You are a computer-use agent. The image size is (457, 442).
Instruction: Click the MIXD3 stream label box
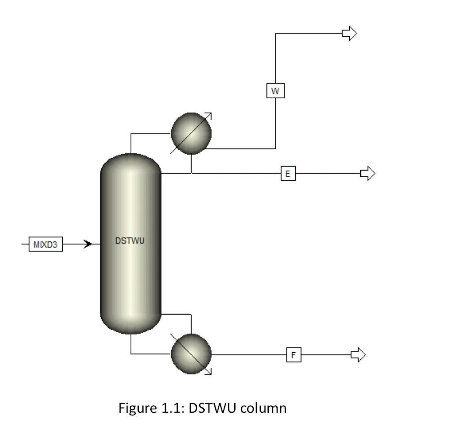click(x=46, y=244)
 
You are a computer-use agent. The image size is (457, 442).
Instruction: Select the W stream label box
click(x=275, y=91)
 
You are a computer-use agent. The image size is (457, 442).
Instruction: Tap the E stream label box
click(x=288, y=174)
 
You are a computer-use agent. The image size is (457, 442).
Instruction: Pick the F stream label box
click(x=293, y=354)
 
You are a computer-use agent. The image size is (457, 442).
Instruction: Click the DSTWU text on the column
click(x=130, y=241)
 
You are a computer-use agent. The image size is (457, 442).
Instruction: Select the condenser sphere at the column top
click(x=191, y=133)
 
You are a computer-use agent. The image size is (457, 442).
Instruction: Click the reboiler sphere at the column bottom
click(x=191, y=354)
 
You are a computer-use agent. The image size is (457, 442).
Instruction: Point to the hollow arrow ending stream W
click(x=350, y=33)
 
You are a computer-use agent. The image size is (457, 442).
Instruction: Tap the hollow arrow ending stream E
click(x=368, y=174)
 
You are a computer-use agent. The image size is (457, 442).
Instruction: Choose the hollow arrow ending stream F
click(x=358, y=354)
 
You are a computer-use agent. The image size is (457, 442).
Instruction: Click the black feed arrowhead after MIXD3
click(x=88, y=244)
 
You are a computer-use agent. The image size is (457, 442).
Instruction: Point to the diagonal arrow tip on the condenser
click(x=210, y=114)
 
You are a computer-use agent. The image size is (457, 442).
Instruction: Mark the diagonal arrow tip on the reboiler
click(x=210, y=373)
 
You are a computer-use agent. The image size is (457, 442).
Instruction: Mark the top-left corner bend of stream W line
click(x=275, y=33)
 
